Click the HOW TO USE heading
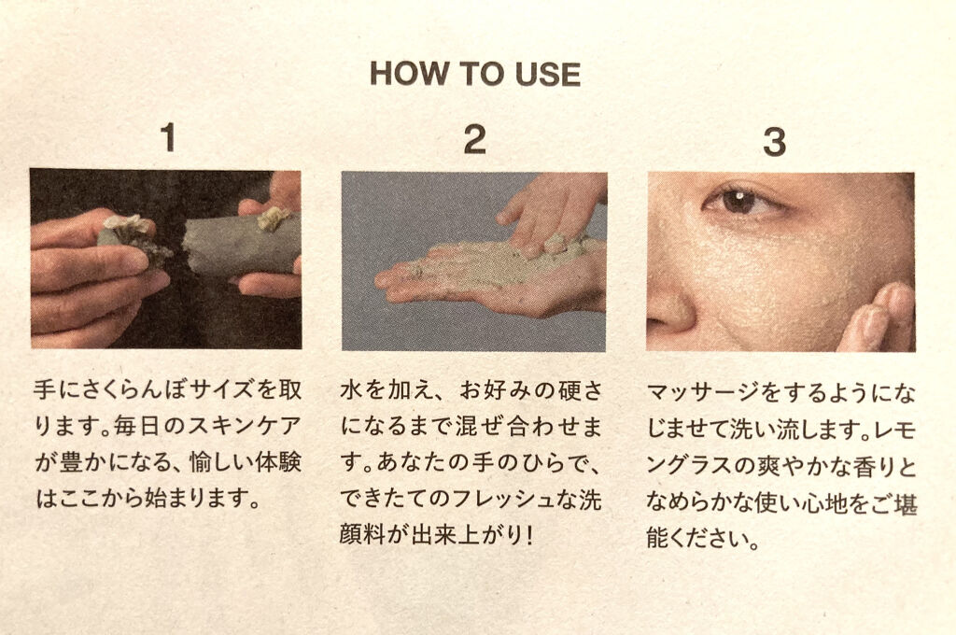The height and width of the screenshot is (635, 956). click(x=475, y=74)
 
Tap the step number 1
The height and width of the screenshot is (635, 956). click(x=168, y=137)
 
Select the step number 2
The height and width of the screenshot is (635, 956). click(x=475, y=140)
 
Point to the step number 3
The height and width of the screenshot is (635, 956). click(x=774, y=142)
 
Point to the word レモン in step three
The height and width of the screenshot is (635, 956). click(x=894, y=430)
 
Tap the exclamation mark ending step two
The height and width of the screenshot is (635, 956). click(x=528, y=535)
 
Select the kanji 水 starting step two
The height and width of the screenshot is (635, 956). click(x=351, y=389)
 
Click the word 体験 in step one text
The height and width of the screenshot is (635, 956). click(x=279, y=461)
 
